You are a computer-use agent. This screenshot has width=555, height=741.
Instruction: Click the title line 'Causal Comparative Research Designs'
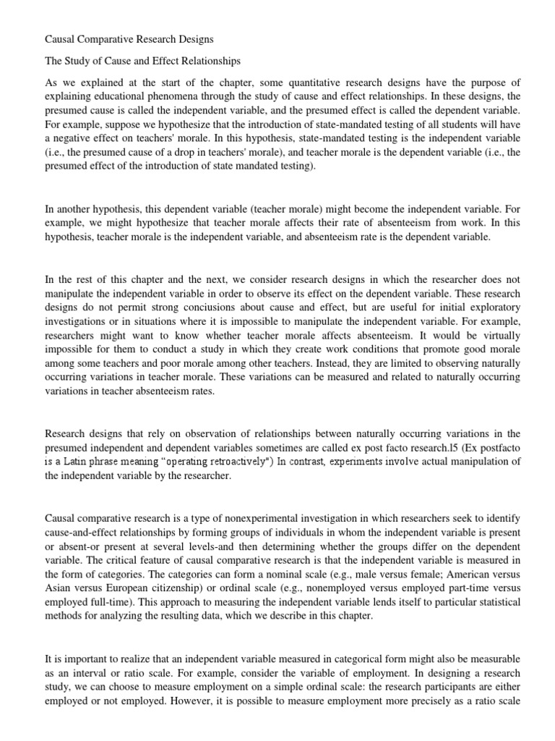(129, 37)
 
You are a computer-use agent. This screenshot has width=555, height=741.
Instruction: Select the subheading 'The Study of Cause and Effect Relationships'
(142, 62)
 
